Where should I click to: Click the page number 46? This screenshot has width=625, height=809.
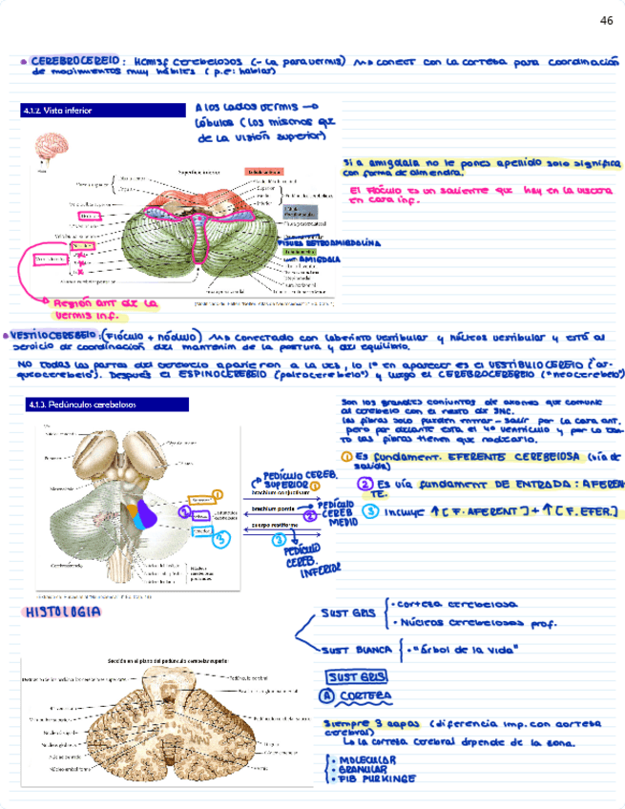(606, 20)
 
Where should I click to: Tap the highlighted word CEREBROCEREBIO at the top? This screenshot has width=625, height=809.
(74, 61)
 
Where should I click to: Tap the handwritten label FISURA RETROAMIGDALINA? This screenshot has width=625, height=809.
(331, 243)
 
